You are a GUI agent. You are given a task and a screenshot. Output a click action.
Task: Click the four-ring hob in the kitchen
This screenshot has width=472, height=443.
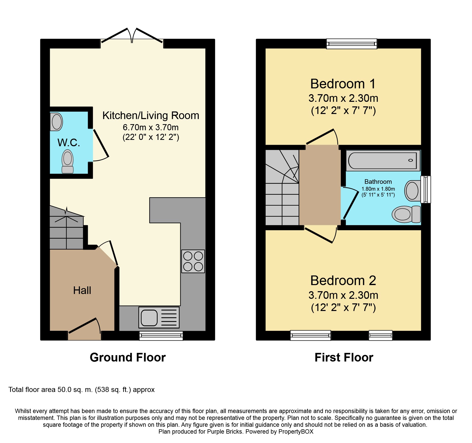pyautogui.click(x=193, y=261)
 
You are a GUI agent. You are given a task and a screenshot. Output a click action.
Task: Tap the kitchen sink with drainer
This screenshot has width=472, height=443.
pyautogui.click(x=159, y=317)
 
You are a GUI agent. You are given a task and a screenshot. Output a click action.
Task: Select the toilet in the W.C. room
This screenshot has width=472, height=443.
pyautogui.click(x=68, y=161)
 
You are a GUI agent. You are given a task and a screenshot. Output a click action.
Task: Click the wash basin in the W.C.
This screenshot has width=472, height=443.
pyautogui.click(x=56, y=122)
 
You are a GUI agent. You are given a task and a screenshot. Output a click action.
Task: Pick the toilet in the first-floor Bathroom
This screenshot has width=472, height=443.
pyautogui.click(x=406, y=214)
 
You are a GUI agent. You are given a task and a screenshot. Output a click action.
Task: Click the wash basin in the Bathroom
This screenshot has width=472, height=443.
pyautogui.click(x=412, y=190)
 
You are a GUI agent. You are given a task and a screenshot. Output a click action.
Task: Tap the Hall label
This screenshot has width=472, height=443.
pyautogui.click(x=82, y=290)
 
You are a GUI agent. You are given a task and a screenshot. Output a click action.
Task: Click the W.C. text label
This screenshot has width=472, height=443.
pyautogui.click(x=69, y=143)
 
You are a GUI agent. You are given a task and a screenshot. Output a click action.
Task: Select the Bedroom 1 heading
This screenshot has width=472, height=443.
pyautogui.click(x=343, y=84)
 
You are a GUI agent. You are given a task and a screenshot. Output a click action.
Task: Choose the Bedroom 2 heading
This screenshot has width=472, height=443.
pyautogui.click(x=343, y=281)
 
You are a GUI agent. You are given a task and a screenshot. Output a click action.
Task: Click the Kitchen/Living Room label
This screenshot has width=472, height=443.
pyautogui.click(x=151, y=116)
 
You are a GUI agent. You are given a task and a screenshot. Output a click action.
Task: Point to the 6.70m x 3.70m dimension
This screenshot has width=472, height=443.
pyautogui.click(x=151, y=127)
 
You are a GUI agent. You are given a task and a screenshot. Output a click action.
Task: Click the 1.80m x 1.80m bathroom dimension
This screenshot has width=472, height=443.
pyautogui.click(x=378, y=189)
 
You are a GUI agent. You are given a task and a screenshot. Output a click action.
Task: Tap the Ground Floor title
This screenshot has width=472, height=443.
pyautogui.click(x=128, y=357)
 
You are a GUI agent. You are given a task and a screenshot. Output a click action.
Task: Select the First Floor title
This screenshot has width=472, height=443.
pyautogui.click(x=344, y=357)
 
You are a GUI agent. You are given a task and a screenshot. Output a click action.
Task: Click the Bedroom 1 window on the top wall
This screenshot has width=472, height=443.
pyautogui.click(x=352, y=44)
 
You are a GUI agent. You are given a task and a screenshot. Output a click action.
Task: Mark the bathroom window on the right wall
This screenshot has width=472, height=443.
pyautogui.click(x=426, y=189)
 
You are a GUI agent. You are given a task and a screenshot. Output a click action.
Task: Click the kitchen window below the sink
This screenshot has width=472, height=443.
pyautogui.click(x=161, y=336)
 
